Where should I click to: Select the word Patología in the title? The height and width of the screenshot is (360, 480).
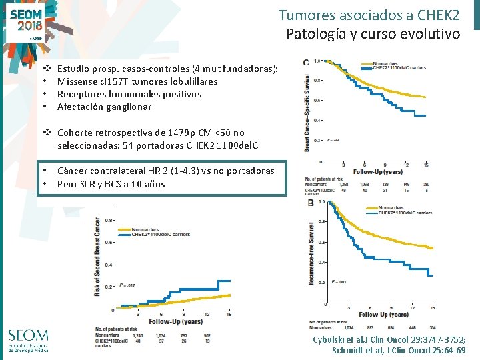[x=315, y=33]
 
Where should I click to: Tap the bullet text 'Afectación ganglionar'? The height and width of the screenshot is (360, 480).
[x=104, y=107]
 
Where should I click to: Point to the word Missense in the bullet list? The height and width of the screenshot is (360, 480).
[x=77, y=81]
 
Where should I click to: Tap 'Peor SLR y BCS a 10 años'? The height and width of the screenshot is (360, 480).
[x=111, y=184]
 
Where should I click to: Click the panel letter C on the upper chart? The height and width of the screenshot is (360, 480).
[x=306, y=63]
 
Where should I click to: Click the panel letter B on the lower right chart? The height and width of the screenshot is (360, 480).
[x=311, y=203]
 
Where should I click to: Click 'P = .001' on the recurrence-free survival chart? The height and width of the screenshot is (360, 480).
[x=339, y=282]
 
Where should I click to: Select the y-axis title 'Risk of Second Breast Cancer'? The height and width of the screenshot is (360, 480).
[x=97, y=257]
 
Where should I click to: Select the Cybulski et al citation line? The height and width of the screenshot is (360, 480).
[x=389, y=339]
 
